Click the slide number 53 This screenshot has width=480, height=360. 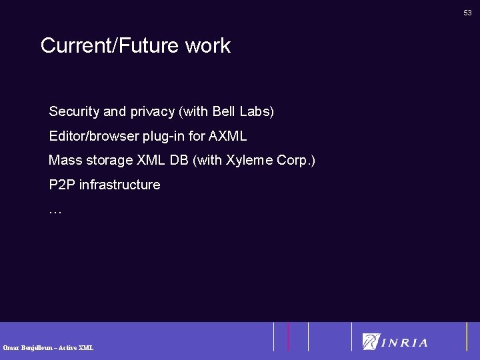(468, 13)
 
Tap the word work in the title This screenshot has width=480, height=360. (208, 46)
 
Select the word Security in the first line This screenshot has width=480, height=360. (74, 112)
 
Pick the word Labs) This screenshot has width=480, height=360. (257, 111)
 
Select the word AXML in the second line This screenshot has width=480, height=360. (228, 136)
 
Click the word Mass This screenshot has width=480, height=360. (65, 160)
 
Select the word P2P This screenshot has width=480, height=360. (62, 185)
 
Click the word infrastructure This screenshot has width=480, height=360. (120, 185)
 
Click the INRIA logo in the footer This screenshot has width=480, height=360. (395, 342)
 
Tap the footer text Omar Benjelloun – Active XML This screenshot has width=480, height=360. (48, 347)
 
